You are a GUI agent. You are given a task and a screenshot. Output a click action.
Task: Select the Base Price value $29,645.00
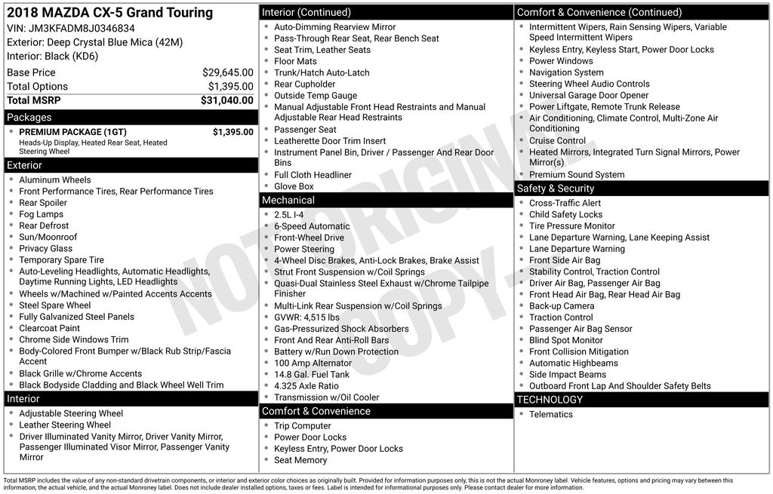(227, 72)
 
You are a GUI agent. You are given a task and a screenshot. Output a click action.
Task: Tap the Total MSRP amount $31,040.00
(226, 100)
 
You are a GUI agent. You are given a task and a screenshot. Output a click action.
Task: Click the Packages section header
(29, 118)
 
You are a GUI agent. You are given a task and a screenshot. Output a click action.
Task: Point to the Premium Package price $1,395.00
(233, 132)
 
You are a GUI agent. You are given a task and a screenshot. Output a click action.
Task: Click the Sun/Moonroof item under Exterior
(48, 237)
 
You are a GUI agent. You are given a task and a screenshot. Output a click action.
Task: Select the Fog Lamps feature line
(42, 214)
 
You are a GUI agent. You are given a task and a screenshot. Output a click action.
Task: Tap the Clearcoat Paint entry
(50, 328)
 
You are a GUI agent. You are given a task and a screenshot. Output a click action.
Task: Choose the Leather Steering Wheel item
(65, 425)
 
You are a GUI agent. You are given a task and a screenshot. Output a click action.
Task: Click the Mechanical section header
(288, 201)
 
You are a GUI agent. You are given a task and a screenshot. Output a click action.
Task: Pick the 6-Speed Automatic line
(312, 226)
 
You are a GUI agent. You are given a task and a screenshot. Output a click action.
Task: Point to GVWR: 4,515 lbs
(307, 318)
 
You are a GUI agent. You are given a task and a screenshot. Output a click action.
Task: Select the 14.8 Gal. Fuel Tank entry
(312, 374)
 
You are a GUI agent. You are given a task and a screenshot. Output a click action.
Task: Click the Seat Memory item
(300, 460)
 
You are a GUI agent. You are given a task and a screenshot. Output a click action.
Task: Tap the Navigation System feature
(566, 72)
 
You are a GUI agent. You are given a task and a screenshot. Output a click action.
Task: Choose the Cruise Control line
(557, 140)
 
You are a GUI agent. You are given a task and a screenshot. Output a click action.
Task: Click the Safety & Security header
(556, 189)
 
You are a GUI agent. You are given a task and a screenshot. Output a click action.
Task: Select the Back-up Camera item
(562, 305)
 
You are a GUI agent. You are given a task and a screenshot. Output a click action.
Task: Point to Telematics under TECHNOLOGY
(551, 414)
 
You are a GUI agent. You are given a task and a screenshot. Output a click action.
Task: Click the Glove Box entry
(294, 186)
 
